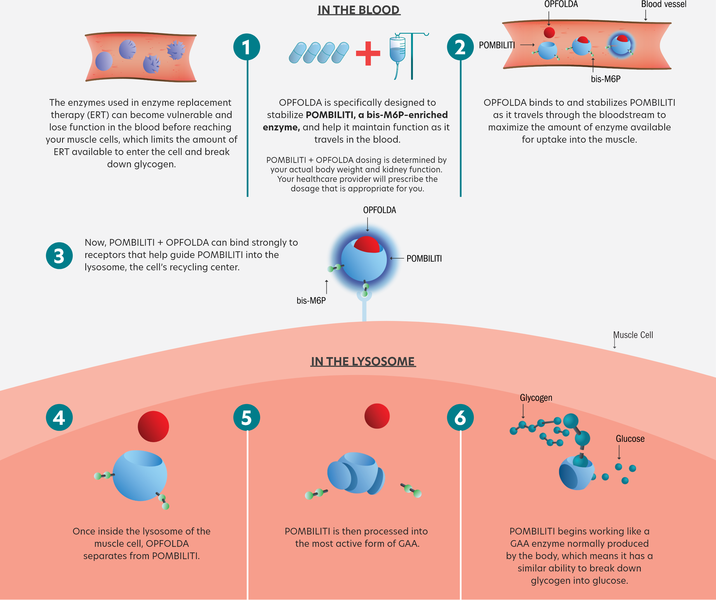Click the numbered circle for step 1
(246, 47)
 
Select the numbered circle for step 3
(59, 256)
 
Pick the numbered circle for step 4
(59, 418)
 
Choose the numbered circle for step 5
(246, 418)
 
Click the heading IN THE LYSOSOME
(363, 361)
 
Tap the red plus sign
(368, 53)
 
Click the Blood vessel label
(663, 4)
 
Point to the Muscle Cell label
(633, 335)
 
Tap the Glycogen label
(536, 398)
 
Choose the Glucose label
(630, 439)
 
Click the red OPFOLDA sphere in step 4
(154, 426)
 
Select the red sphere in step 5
(377, 416)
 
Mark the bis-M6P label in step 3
(311, 301)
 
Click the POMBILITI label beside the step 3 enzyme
(424, 259)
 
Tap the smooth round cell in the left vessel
(104, 61)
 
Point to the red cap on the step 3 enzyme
(367, 244)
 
